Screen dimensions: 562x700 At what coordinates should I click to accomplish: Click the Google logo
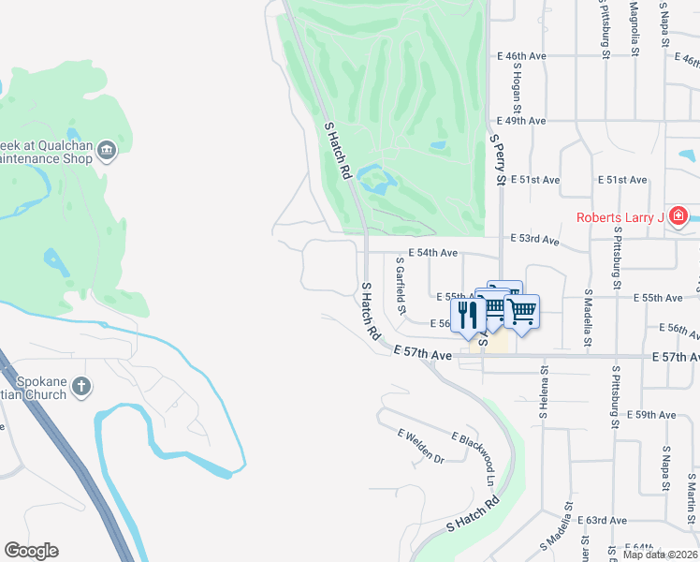pos(31,551)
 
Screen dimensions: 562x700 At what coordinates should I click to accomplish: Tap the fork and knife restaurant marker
pos(465,315)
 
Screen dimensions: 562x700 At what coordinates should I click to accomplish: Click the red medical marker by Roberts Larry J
pos(678,218)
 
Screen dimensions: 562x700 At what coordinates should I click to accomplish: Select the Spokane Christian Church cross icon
pos(81,386)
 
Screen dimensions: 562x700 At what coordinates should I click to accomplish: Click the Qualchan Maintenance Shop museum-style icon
pos(107,151)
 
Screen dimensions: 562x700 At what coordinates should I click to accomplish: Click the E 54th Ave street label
pos(436,253)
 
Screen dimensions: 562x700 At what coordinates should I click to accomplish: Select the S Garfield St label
pos(401,287)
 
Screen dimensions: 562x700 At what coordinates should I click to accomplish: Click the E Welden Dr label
pos(420,446)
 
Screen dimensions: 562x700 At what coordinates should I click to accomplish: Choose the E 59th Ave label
pos(651,414)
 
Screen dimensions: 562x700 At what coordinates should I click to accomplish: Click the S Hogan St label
pos(516,87)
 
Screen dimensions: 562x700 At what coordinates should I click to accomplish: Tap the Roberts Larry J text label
pos(620,218)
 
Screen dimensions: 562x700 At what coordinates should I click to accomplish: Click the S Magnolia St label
pos(634,28)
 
